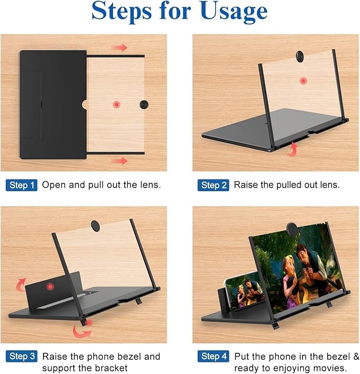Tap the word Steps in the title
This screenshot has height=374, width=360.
tap(124, 12)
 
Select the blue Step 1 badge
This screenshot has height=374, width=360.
tap(22, 185)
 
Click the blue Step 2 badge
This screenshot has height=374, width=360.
tap(213, 185)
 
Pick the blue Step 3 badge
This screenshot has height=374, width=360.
tap(22, 356)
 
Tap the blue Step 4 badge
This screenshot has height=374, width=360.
tap(213, 356)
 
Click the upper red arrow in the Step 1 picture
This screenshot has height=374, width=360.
tap(119, 48)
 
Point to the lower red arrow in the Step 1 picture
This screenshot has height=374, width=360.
tap(119, 161)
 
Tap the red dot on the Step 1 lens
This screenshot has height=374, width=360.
tap(116, 104)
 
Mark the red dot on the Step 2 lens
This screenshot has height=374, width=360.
tap(303, 81)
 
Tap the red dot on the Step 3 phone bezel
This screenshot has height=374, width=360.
tap(50, 287)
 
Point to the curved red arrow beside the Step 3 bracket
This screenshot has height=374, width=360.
tap(82, 330)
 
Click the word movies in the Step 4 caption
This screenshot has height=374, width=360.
tap(335, 368)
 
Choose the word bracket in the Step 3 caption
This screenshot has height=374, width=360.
tap(109, 368)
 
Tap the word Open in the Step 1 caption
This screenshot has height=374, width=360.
tap(52, 185)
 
